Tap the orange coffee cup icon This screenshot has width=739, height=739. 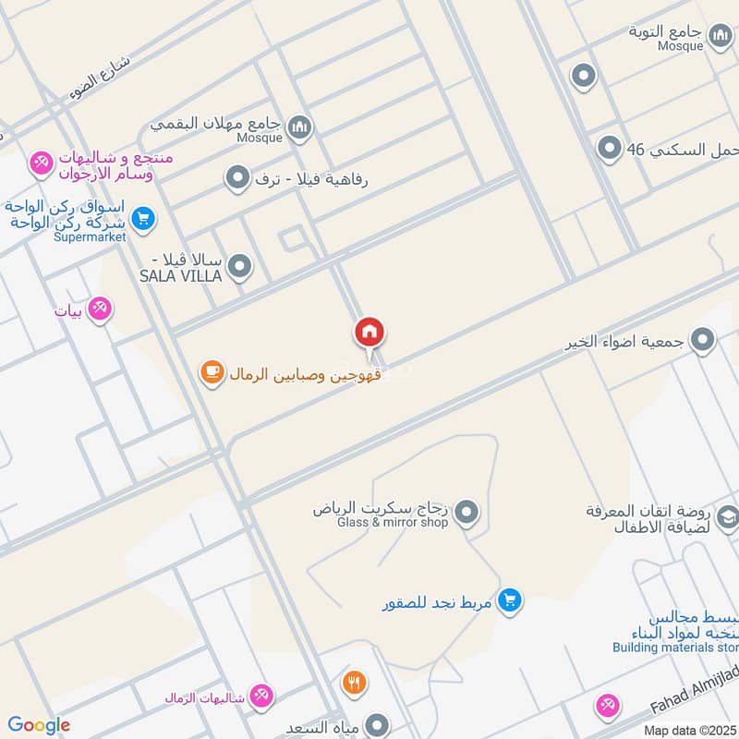(x=212, y=373)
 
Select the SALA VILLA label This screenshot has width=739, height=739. (x=180, y=276)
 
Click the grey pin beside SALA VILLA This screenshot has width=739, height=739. (x=240, y=268)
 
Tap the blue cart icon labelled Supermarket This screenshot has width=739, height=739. (x=142, y=219)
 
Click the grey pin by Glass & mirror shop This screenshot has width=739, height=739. (x=467, y=511)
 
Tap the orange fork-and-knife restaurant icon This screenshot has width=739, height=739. (x=354, y=684)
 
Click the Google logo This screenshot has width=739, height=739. (x=39, y=725)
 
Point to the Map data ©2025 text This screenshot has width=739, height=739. (x=690, y=730)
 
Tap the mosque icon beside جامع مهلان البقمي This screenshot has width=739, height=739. (x=298, y=127)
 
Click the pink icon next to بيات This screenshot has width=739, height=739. (x=101, y=309)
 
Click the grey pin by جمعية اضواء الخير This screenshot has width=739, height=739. (x=703, y=342)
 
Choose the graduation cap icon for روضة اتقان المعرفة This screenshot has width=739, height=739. (x=727, y=518)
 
